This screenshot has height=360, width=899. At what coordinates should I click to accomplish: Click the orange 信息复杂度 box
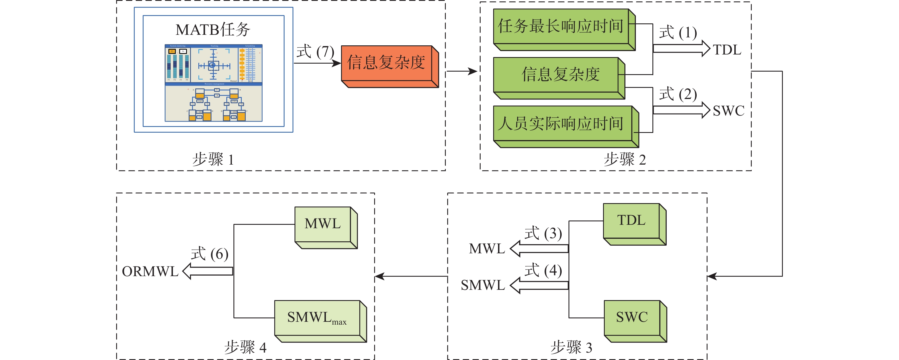[386, 63]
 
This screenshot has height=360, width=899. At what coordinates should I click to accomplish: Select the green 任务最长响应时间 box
[561, 27]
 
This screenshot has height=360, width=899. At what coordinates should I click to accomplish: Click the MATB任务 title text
[213, 30]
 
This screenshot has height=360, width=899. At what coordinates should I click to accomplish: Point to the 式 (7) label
[315, 52]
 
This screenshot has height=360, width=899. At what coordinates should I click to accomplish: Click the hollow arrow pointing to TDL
[681, 48]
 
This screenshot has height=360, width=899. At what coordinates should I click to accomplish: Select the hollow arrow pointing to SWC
[681, 110]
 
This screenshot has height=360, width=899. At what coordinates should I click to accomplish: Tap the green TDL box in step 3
[631, 221]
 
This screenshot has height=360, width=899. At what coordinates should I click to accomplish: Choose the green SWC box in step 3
[632, 317]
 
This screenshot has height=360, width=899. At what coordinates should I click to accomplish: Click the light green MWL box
[323, 224]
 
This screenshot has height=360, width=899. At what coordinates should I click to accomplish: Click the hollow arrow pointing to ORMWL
[208, 271]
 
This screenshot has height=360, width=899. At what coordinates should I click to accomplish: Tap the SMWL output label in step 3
[483, 285]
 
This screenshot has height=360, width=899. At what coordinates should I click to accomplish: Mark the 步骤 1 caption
[213, 160]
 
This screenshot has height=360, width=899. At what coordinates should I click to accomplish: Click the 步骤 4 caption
[245, 347]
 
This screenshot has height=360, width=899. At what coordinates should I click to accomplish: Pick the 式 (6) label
[209, 254]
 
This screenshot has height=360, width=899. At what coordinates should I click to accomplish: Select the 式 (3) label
[543, 233]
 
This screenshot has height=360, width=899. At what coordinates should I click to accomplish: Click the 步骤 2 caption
[625, 160]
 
